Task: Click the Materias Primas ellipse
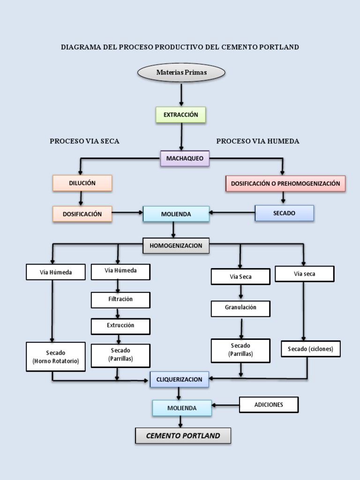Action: point(181,73)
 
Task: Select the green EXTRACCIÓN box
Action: point(180,115)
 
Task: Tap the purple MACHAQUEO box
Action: point(185,158)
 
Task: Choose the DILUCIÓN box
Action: point(82,183)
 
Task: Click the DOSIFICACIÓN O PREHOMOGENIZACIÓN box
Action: point(285,184)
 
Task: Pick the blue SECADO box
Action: point(284,213)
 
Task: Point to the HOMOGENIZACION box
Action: point(176,246)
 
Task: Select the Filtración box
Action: point(120,300)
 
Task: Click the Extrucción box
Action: point(120,326)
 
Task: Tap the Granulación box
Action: point(240,308)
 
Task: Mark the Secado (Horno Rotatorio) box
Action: point(56,357)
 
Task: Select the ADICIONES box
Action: point(269,405)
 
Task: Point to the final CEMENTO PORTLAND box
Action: point(183,435)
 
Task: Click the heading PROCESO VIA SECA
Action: point(84,141)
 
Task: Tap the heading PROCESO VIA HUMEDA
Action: point(257,141)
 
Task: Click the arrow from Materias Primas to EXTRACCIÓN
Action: point(181,95)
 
